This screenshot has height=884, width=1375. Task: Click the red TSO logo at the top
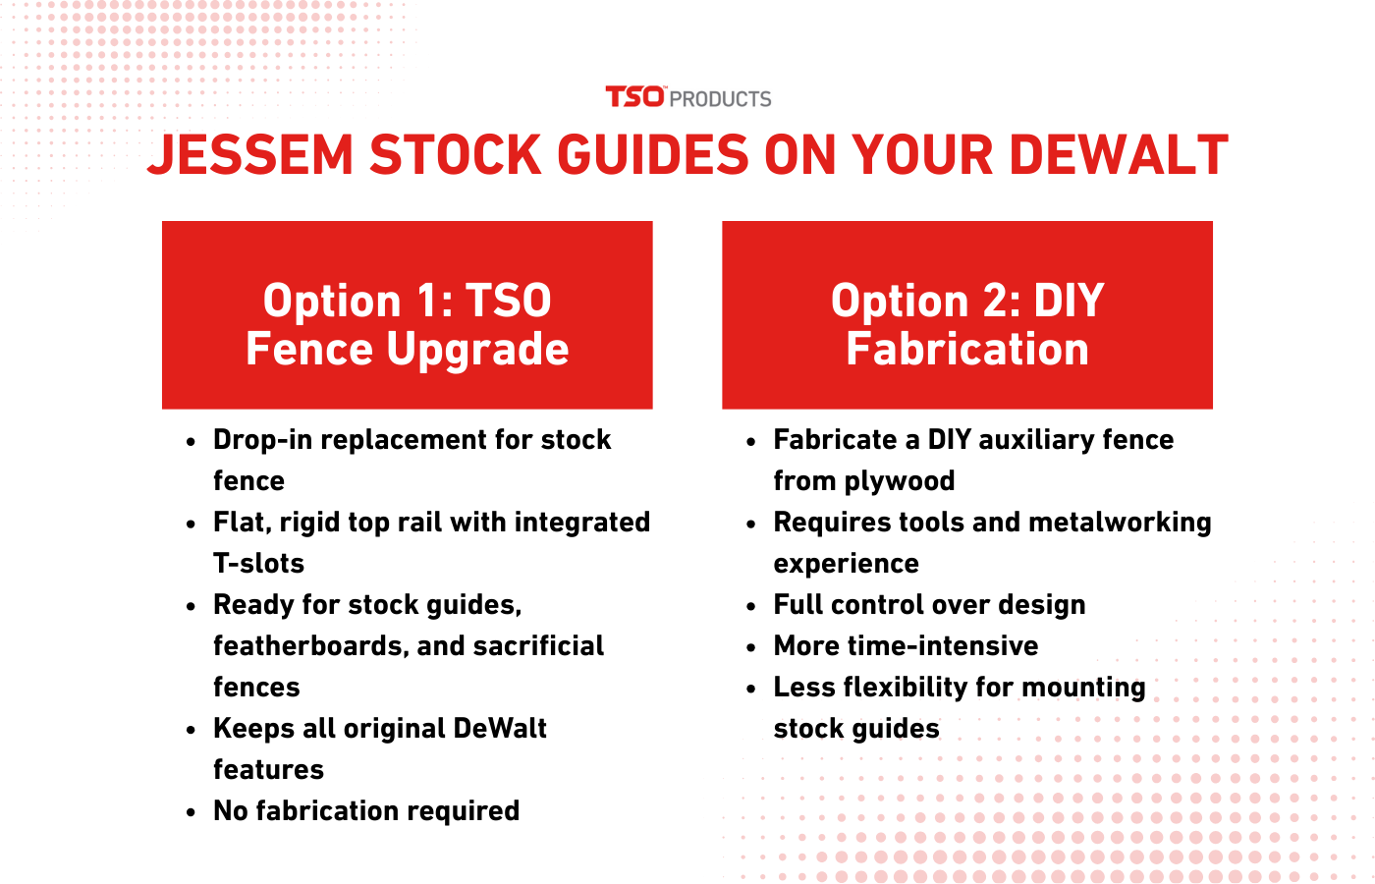point(634,97)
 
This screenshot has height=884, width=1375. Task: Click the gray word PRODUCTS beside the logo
point(720,99)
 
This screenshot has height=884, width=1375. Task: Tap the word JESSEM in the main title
point(250,155)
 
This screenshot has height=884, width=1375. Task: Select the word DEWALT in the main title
point(1119,155)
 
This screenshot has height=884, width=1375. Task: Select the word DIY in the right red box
point(1069,301)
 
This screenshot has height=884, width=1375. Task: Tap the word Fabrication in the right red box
point(967,349)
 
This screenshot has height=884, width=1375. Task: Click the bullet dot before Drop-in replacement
point(191,441)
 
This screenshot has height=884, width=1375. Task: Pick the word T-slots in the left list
point(258,563)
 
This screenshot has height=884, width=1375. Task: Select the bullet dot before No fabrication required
point(191,812)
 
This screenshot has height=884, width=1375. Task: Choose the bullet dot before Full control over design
point(751,607)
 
